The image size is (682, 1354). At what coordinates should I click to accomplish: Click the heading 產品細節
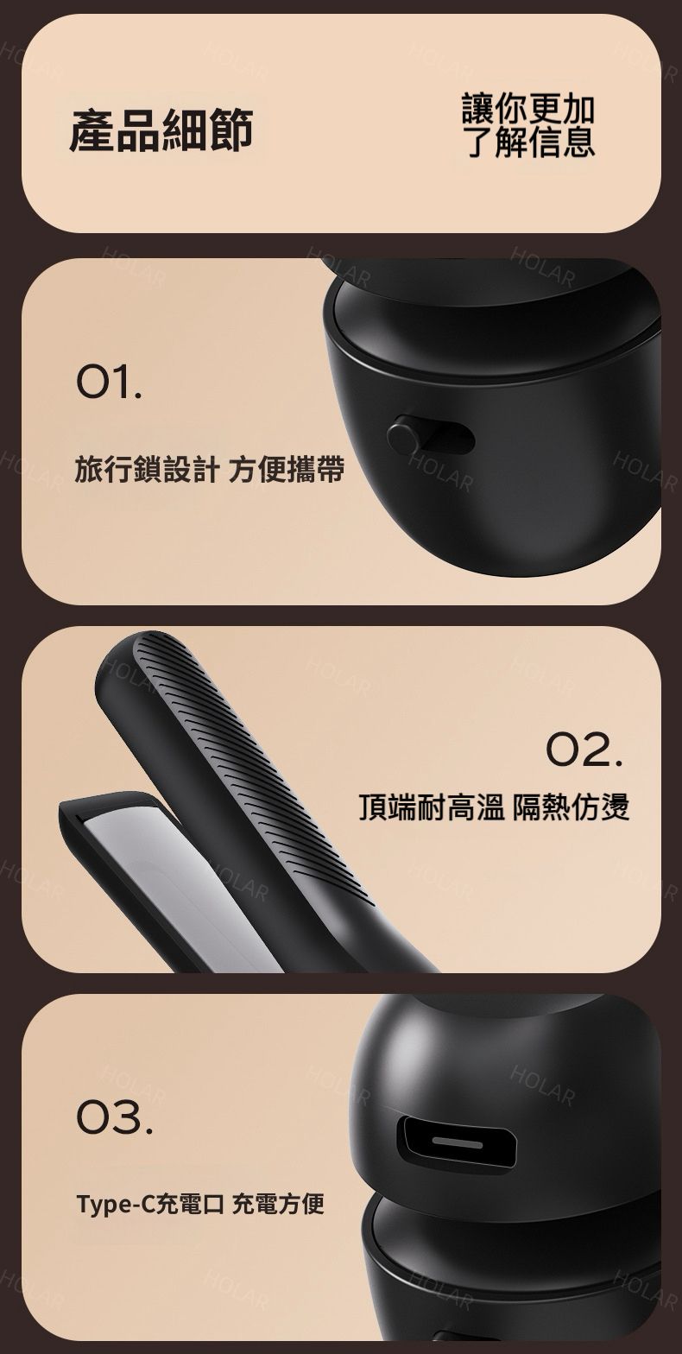tap(161, 130)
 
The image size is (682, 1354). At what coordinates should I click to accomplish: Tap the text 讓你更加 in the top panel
tap(528, 108)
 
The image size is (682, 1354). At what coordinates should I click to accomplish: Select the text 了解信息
tap(531, 142)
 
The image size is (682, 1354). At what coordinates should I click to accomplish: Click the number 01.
tap(110, 384)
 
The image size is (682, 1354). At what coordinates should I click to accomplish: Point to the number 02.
tap(584, 750)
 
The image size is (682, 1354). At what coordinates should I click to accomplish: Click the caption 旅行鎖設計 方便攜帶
tap(210, 470)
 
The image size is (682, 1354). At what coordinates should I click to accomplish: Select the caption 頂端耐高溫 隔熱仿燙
tap(494, 807)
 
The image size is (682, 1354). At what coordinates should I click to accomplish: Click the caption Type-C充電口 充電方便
tap(200, 1203)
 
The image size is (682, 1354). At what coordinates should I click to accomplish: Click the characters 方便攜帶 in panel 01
tap(287, 470)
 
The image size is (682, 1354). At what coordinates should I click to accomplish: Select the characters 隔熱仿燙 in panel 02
tap(571, 807)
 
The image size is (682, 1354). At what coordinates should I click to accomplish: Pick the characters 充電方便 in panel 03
tap(278, 1203)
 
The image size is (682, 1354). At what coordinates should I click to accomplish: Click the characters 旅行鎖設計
tap(146, 470)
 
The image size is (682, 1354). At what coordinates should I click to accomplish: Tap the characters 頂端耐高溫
tap(432, 807)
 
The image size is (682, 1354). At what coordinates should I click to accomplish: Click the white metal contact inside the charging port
tap(458, 1144)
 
